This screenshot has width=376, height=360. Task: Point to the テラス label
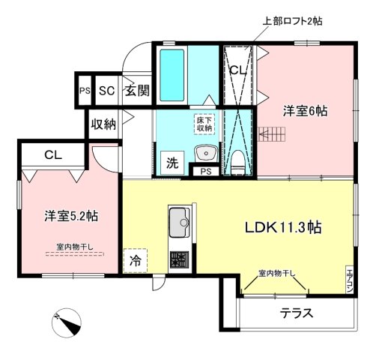(x=297, y=313)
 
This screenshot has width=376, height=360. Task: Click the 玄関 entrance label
(x=136, y=91)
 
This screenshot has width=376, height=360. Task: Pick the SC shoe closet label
(x=106, y=91)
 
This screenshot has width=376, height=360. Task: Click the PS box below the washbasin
(x=204, y=172)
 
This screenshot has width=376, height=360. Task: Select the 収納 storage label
(x=103, y=124)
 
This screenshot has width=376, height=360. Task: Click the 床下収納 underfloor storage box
(x=204, y=124)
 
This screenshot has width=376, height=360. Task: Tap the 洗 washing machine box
(x=171, y=161)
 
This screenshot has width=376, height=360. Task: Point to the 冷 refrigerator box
(x=136, y=262)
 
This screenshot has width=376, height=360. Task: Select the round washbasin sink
(x=204, y=154)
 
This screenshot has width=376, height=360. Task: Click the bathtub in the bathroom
(x=169, y=75)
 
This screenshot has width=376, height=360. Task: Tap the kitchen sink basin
(x=180, y=222)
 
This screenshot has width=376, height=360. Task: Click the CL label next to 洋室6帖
(x=238, y=70)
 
